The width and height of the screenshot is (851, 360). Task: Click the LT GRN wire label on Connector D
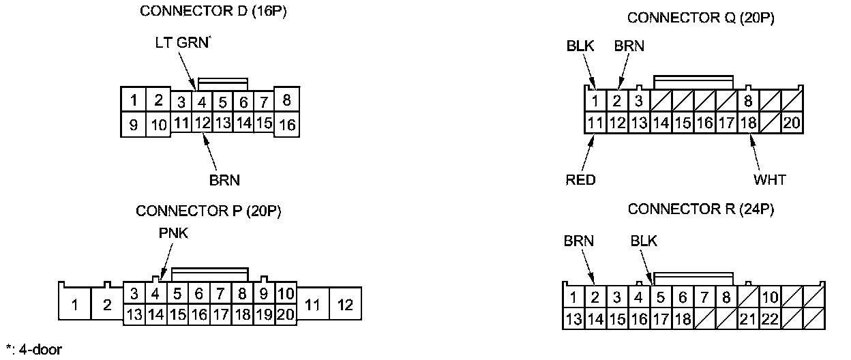coord(180,42)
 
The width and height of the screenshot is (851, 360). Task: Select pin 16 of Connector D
coord(287,125)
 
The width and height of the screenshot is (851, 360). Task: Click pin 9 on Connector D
coord(134,125)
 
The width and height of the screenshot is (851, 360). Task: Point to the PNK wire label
coord(170,233)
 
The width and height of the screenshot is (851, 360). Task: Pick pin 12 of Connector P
coord(345,305)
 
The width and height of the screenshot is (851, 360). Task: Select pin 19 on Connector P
coord(265,314)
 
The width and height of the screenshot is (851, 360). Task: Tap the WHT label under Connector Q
coord(770,180)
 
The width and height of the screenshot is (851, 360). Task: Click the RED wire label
coord(580,180)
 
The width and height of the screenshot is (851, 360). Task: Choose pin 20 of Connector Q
coord(791,123)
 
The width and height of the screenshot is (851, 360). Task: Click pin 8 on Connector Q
coord(748,102)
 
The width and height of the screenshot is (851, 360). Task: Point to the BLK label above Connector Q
coord(580,46)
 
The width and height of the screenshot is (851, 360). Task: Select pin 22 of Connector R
coord(770,318)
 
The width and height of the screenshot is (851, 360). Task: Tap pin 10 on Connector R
coord(770,297)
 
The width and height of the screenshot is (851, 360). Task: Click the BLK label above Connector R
coord(644,241)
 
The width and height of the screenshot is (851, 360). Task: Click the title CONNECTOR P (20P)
coord(209,211)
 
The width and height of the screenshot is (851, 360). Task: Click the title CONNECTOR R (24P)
coord(700,209)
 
